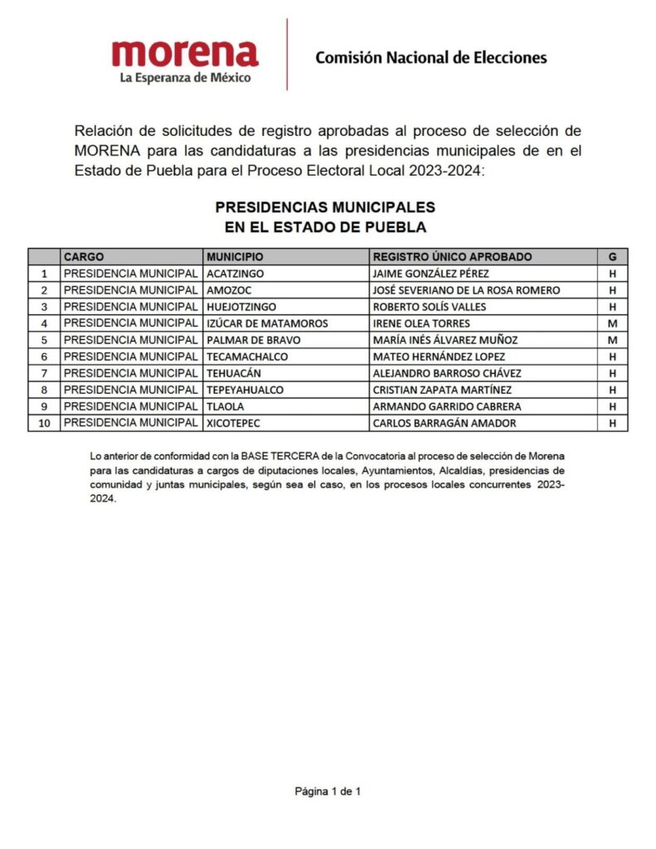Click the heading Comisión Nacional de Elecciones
[x=430, y=57]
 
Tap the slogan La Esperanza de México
[x=185, y=78]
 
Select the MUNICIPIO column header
[x=235, y=257]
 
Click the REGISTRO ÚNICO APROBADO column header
[x=452, y=257]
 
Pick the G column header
[x=612, y=257]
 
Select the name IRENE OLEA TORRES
[x=421, y=323]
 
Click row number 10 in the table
[x=45, y=423]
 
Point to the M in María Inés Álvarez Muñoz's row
[x=612, y=340]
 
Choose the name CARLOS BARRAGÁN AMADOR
[x=445, y=423]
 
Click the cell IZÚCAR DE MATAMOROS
[x=267, y=323]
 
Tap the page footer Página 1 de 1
[x=328, y=791]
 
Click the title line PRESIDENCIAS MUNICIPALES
[x=325, y=206]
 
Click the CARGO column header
[x=84, y=257]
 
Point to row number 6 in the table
[x=45, y=357]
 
